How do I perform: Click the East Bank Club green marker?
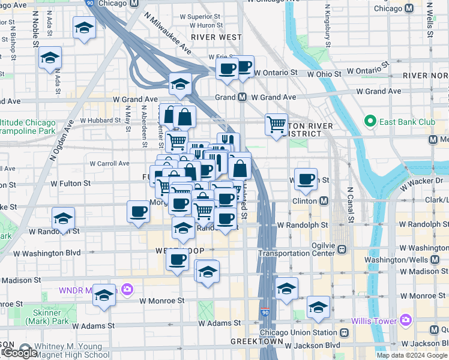tap(371, 122)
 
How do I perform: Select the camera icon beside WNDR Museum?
tap(126, 290)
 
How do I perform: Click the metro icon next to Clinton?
tap(324, 200)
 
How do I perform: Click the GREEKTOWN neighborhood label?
tap(252, 341)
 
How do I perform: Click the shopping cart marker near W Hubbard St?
tap(276, 125)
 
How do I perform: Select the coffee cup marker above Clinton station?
tap(306, 179)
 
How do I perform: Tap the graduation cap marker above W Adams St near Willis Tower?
tap(318, 307)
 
